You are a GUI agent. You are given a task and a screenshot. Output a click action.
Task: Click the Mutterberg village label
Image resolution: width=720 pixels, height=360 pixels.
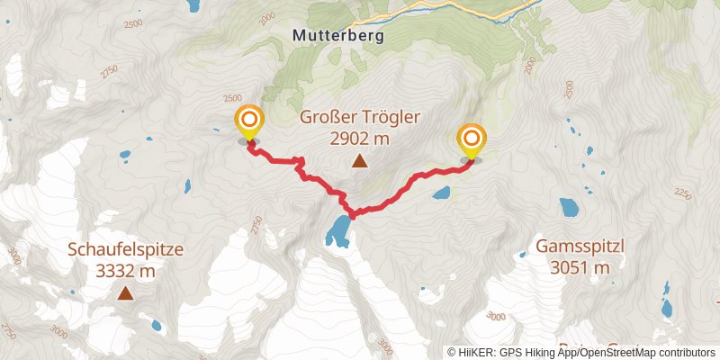338,37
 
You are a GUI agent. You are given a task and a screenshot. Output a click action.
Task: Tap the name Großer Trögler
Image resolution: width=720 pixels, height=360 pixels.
359,118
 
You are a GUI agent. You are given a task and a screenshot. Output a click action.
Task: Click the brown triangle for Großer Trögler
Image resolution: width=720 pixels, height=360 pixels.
359,162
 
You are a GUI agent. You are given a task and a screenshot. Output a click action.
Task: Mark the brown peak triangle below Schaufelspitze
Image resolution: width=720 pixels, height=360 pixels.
124,293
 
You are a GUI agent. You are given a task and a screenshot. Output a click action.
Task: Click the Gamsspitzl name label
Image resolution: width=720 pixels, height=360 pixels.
580,246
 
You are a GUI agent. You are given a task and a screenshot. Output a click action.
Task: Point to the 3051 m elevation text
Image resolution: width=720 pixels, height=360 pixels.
580,266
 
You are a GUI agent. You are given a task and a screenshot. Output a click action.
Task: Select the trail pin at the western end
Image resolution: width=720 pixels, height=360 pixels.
248,121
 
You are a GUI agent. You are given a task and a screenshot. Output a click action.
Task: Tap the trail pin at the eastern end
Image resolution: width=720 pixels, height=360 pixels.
471,140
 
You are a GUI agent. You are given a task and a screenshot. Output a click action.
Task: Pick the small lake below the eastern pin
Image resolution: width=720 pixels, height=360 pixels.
441,192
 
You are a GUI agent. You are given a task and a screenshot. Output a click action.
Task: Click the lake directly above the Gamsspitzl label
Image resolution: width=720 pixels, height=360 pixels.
569,208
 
